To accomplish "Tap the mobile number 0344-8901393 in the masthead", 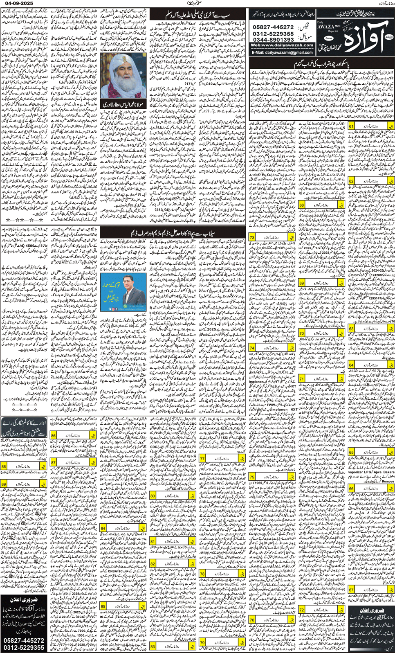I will tap(273, 40).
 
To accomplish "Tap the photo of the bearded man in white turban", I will tap(123, 76).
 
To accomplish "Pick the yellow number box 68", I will tap(302, 205).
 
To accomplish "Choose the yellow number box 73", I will tap(252, 237).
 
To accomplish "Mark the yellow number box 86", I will tap(53, 435).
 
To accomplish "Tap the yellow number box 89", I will tap(4, 484).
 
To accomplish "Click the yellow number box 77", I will tap(202, 459).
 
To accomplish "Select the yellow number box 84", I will tap(103, 528).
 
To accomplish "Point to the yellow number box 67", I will tap(351, 590).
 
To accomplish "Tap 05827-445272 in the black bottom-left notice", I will tap(24, 640).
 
